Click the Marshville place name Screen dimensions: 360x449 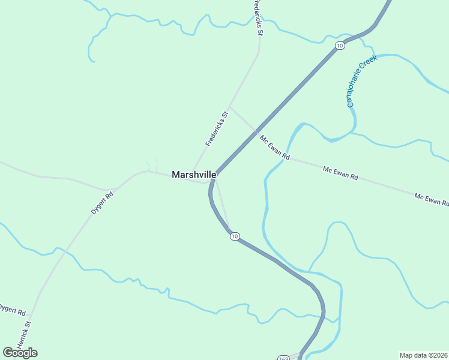[194, 175]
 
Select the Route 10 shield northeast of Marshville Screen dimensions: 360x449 [340, 46]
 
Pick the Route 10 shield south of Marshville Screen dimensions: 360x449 [235, 236]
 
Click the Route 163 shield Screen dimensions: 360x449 [283, 358]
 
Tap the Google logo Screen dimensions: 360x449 [20, 352]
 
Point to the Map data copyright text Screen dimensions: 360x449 [423, 355]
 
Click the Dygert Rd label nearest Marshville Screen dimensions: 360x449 [102, 203]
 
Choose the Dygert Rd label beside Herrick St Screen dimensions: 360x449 [12, 310]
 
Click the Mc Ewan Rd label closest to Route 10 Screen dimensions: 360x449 [275, 147]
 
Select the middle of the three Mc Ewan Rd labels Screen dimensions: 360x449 [340, 173]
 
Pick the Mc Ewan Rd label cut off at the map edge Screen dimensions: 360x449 [432, 199]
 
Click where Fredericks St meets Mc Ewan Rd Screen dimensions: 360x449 [231, 108]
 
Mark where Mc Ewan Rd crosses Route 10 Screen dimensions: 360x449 [255, 131]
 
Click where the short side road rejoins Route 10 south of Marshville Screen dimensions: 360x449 [229, 230]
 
